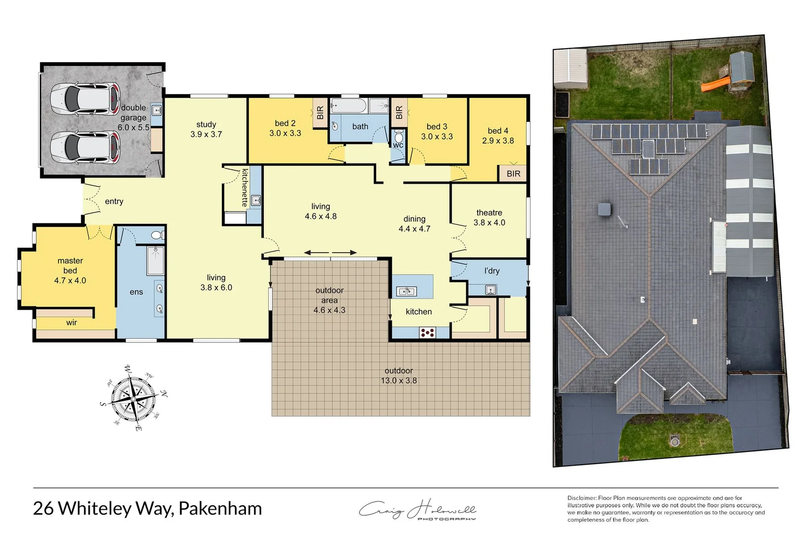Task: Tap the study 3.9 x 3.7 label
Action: [206, 129]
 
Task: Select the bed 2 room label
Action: [285, 123]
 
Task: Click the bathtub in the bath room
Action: [349, 106]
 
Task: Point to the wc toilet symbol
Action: [398, 136]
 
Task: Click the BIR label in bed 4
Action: [513, 173]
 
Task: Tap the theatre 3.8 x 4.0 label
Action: [489, 217]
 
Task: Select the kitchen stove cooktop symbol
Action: [427, 332]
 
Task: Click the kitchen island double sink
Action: [406, 291]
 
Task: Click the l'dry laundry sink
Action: [490, 289]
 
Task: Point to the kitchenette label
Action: [245, 188]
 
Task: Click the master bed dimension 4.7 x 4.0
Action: [70, 280]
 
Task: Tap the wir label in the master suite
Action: [71, 322]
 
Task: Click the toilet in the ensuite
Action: [156, 235]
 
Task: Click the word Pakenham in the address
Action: [220, 509]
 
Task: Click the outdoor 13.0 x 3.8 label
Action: [398, 376]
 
